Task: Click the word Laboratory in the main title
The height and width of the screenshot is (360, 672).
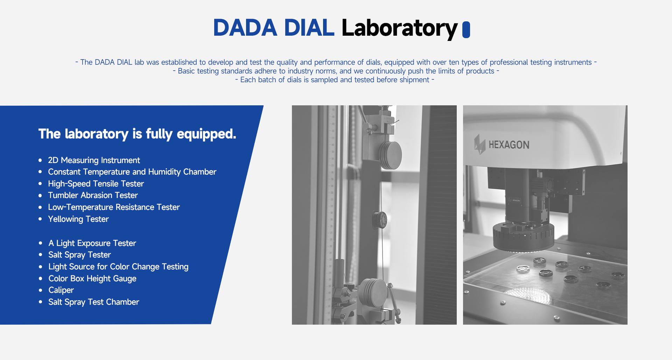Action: [399, 28]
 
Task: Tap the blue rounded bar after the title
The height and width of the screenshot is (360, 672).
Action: [466, 29]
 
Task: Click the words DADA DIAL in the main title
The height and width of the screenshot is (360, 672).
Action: [274, 28]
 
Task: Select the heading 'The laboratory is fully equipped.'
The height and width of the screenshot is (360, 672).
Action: [137, 134]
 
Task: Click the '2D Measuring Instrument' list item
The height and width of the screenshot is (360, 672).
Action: [94, 160]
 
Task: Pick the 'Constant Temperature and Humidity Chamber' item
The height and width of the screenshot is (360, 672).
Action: [132, 172]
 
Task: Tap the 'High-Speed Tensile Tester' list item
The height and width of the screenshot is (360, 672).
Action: [96, 184]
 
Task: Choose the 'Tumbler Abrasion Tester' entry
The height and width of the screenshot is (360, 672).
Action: [93, 195]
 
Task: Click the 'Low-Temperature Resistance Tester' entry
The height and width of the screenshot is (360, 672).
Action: [114, 207]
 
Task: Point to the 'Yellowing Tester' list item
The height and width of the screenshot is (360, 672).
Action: [78, 219]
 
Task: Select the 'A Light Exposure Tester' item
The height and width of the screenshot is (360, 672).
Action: [92, 243]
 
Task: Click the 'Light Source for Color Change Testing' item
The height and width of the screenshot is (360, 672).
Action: [118, 267]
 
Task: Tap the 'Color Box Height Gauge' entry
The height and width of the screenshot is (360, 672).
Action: [92, 278]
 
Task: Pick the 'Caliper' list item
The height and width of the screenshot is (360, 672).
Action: [61, 290]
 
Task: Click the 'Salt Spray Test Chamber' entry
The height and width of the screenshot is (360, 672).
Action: [93, 302]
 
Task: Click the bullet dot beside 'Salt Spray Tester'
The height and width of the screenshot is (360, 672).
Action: [41, 255]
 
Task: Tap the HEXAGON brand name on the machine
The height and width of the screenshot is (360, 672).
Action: [509, 145]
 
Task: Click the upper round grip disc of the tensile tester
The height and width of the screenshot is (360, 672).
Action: [391, 155]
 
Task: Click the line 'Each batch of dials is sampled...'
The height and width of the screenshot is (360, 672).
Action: [335, 80]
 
